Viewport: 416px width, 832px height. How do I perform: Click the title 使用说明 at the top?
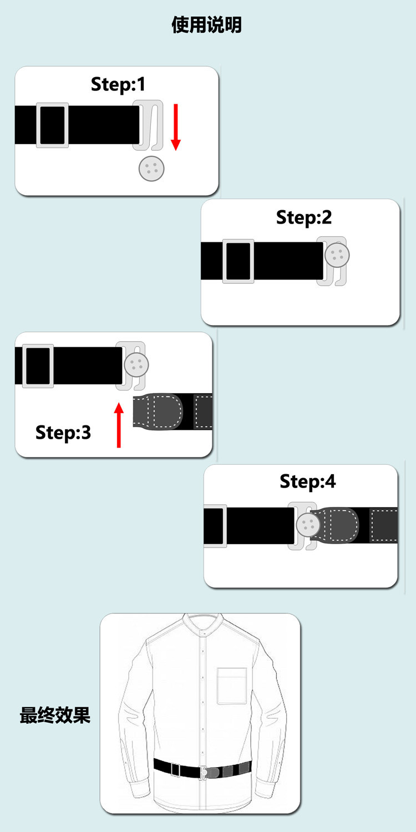point(206,26)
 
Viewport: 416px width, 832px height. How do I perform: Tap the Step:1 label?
point(118,84)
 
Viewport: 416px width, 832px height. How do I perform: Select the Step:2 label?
point(304,217)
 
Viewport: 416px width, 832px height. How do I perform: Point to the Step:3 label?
point(63,432)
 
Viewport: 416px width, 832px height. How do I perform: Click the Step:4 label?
point(308,481)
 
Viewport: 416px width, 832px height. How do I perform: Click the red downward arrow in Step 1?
point(175,127)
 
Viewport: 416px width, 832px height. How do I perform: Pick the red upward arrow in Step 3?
point(119,425)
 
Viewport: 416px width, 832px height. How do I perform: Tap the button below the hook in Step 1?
point(151,169)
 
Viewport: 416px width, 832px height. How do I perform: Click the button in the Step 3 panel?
point(136,364)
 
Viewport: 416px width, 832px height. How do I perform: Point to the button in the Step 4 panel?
point(307,525)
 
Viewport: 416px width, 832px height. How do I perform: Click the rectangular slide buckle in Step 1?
point(52,125)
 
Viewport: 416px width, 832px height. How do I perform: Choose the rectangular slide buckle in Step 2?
point(238,261)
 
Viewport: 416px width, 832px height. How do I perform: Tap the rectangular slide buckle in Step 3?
point(38,366)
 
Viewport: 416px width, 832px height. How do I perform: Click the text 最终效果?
point(55,715)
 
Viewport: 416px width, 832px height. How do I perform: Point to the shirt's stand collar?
point(204,626)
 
